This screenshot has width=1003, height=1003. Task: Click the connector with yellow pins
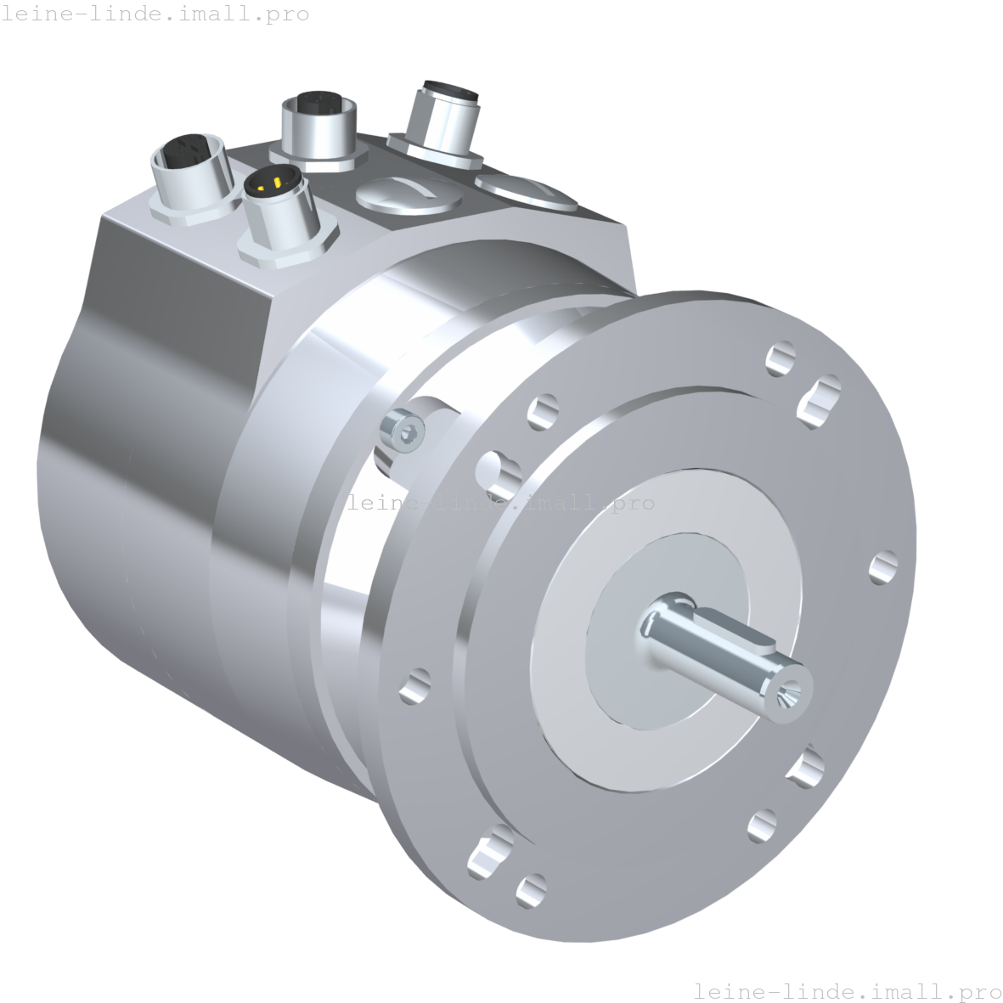[281, 211]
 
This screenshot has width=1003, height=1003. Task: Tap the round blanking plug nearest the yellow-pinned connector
[409, 194]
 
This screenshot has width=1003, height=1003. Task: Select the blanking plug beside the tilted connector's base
[526, 191]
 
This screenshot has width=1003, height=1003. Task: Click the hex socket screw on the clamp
[403, 431]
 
